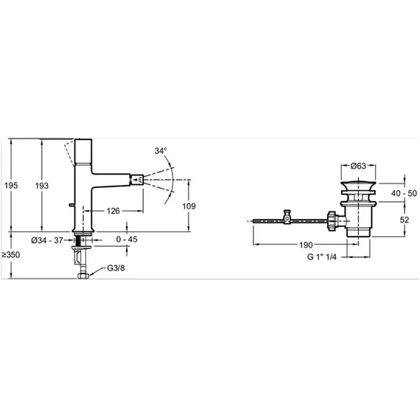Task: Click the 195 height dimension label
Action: [x=11, y=186]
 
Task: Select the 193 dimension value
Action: [x=42, y=186]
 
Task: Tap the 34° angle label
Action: [x=160, y=151]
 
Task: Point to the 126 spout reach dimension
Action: [x=113, y=211]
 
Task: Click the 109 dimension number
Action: [x=189, y=206]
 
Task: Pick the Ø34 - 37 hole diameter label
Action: [x=47, y=240]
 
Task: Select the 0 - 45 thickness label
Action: [x=127, y=239]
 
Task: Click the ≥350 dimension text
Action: [x=11, y=255]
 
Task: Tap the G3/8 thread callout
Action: [x=116, y=268]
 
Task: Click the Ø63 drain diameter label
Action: [x=358, y=166]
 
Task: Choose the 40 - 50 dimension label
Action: [x=404, y=193]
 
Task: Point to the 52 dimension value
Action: [x=405, y=220]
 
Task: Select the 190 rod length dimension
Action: [x=306, y=245]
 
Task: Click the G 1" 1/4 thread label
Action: [x=322, y=257]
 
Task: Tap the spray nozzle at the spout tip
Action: [x=137, y=180]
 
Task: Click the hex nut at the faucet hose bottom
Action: [x=83, y=276]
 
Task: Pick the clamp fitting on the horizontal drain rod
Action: [x=287, y=217]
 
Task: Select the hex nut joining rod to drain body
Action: [x=332, y=221]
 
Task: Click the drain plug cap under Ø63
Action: [x=358, y=186]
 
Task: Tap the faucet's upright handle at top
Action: [x=83, y=151]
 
